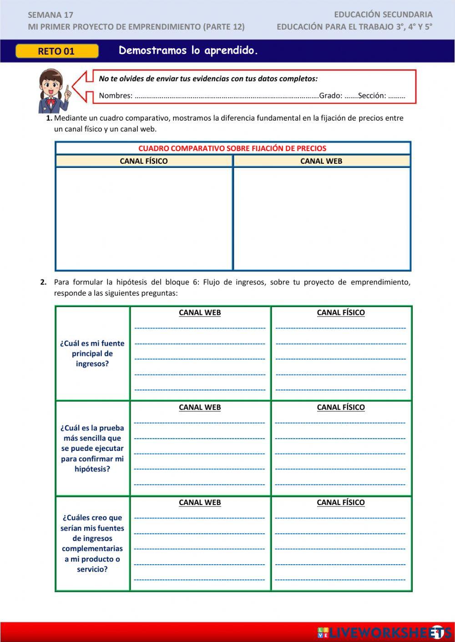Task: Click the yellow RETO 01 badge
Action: tap(56, 51)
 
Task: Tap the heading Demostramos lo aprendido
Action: tap(188, 51)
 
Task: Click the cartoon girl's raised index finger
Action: tap(67, 89)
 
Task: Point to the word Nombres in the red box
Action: tap(116, 96)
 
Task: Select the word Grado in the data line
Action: tap(330, 96)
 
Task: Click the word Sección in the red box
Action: tap(372, 96)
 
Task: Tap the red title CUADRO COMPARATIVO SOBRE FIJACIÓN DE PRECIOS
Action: tap(232, 148)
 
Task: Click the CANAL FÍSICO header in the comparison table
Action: tap(144, 161)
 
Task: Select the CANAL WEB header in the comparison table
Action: tap(321, 161)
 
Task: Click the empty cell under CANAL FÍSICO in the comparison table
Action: tap(144, 218)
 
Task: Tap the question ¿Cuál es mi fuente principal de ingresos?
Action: tap(92, 354)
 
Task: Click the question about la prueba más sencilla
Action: tap(92, 448)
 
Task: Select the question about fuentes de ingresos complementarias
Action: tap(92, 543)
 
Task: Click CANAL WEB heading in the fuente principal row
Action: tap(200, 313)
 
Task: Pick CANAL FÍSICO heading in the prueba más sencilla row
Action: tap(341, 407)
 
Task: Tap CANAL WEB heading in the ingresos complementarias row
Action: tap(200, 502)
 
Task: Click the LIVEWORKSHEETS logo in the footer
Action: tap(384, 632)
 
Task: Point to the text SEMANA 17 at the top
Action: tap(51, 15)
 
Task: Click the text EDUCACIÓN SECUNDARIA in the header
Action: tap(383, 15)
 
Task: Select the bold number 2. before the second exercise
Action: tap(43, 282)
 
